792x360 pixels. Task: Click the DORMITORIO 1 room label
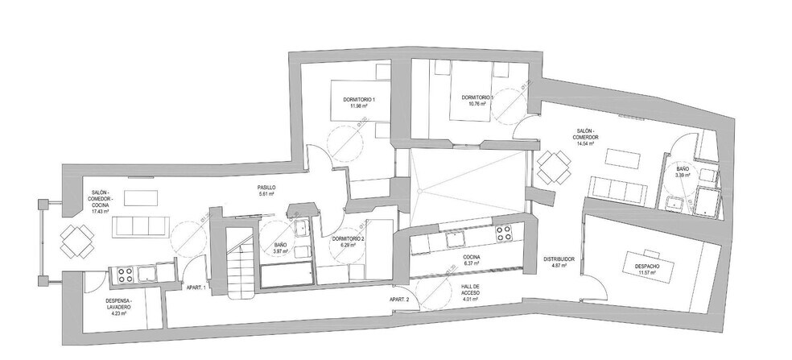click(x=359, y=99)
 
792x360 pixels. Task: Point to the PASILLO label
click(x=267, y=187)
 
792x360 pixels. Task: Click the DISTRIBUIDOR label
click(x=558, y=259)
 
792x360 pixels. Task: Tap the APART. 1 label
click(x=196, y=288)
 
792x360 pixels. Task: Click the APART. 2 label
click(x=400, y=299)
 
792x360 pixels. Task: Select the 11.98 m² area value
click(x=359, y=106)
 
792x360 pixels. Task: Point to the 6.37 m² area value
click(x=472, y=264)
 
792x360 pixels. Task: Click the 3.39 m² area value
click(x=683, y=173)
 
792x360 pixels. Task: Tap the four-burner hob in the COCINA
click(x=505, y=234)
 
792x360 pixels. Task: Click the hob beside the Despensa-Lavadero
click(x=126, y=274)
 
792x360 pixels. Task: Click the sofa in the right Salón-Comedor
click(x=617, y=190)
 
